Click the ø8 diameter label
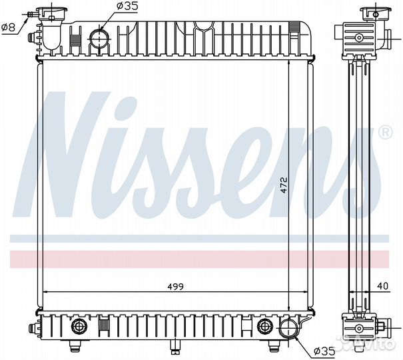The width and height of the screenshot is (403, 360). pos(9,27)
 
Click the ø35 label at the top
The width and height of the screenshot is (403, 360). pos(127,6)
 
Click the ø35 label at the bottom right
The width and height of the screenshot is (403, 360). pos(325,351)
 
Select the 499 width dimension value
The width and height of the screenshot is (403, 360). pos(175,287)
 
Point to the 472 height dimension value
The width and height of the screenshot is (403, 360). pos(284,185)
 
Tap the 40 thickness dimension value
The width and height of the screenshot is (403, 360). pos(383,286)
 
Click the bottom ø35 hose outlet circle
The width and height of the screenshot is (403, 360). pos(288,329)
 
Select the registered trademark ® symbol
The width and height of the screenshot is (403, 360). pos(386,132)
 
